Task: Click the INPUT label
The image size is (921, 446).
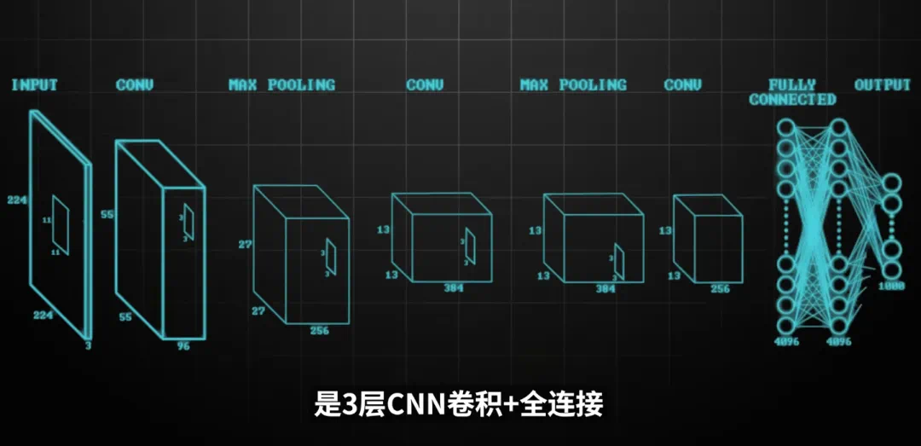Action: click(34, 85)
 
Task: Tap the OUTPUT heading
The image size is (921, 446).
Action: click(883, 85)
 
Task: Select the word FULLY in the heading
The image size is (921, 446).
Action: click(792, 84)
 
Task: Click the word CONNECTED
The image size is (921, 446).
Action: click(792, 99)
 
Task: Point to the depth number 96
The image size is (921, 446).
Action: click(182, 346)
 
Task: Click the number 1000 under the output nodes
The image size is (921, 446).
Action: click(891, 287)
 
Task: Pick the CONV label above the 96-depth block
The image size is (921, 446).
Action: click(135, 85)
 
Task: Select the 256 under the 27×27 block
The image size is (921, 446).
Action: click(320, 331)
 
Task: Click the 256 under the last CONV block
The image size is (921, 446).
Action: click(721, 289)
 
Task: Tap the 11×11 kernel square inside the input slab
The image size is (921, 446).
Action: click(61, 219)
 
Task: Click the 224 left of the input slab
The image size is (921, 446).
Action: click(16, 200)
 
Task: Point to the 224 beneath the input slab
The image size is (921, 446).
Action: click(45, 315)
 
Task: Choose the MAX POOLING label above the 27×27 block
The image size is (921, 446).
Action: click(281, 85)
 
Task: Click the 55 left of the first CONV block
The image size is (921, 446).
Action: click(107, 215)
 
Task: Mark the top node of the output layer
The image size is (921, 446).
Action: click(892, 182)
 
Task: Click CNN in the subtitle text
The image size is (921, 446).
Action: click(413, 404)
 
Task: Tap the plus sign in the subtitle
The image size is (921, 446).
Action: click(511, 404)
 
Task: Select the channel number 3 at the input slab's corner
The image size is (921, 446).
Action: click(88, 345)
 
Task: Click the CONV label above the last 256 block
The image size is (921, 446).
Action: click(682, 85)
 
